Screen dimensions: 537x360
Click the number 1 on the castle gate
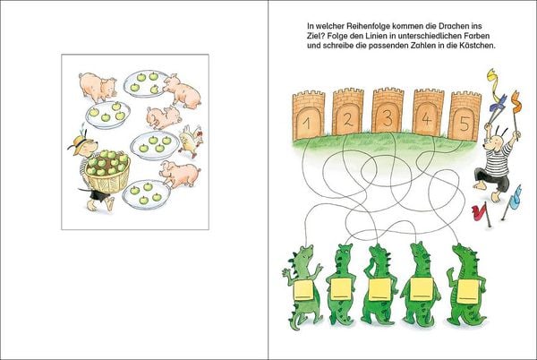pos(307,124)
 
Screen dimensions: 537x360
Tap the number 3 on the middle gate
pos(388,118)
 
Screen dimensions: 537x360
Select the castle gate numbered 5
pos(465,116)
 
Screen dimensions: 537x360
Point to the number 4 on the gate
pos(426,119)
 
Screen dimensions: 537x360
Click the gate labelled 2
pos(348,112)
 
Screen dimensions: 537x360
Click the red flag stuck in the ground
pos(482,213)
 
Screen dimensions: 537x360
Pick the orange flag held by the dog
pos(516,101)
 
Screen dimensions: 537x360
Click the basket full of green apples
pos(107,172)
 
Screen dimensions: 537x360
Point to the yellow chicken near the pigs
pos(192,140)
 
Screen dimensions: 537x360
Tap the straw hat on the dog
pos(79,142)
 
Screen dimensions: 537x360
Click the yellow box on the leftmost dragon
pos(303,290)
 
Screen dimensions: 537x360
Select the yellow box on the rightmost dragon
pos(468,291)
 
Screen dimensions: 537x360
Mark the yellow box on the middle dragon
pos(379,289)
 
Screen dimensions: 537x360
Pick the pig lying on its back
pos(164,116)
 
